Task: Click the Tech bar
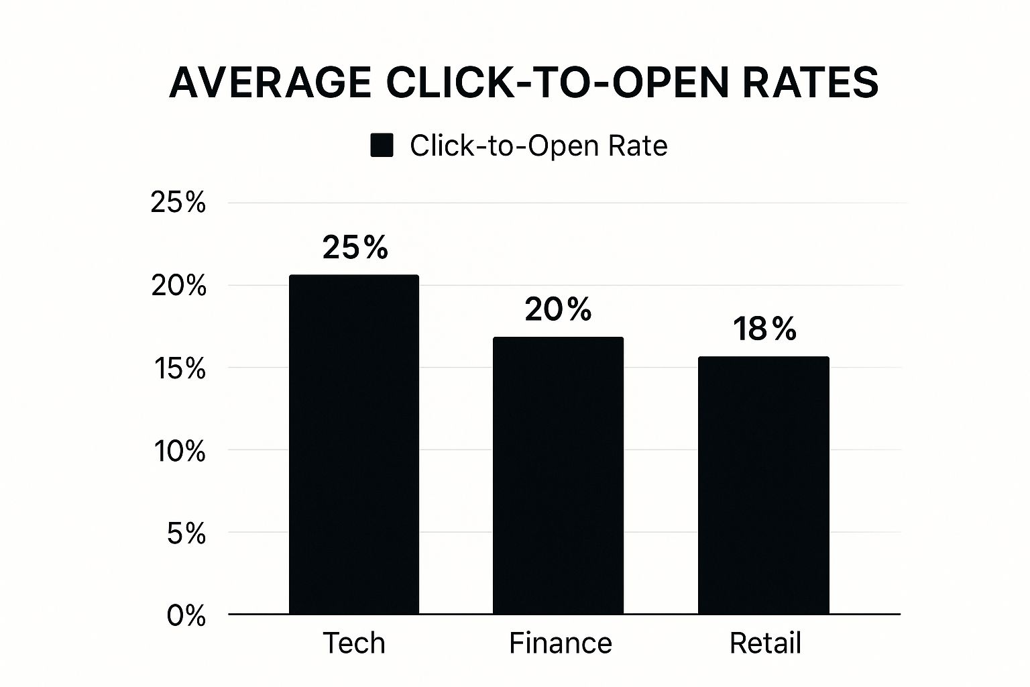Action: point(354,445)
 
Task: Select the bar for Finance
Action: point(558,476)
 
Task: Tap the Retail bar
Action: point(764,486)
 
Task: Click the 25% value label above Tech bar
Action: point(355,248)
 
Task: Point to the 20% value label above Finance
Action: point(558,309)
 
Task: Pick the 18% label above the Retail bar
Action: point(764,329)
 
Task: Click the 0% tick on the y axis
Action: point(186,616)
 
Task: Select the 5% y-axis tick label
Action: point(186,534)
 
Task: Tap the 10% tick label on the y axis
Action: point(179,452)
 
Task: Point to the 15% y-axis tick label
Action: point(179,368)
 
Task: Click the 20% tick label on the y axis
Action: point(178,286)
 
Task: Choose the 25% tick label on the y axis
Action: point(178,202)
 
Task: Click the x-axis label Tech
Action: point(354,643)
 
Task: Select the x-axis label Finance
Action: point(561,643)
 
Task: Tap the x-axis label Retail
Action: point(765,643)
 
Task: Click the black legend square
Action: point(382,146)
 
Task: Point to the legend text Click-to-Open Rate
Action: point(538,146)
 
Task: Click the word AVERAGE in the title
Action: point(270,83)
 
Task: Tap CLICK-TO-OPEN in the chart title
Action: point(557,83)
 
